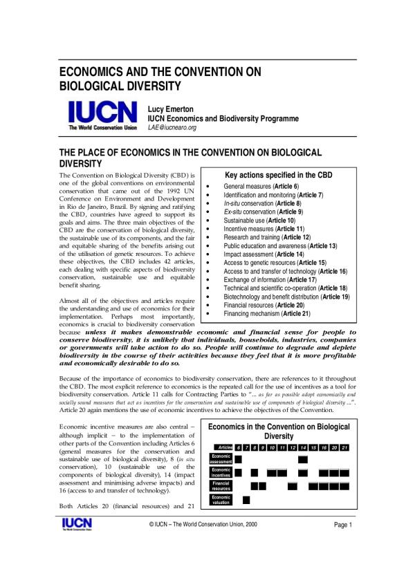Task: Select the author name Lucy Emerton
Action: point(172,109)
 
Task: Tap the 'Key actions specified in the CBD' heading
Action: point(279,175)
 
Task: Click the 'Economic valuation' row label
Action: point(221,499)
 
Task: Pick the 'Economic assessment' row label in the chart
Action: point(221,459)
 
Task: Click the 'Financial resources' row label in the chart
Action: point(221,486)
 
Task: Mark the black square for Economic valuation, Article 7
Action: point(247,499)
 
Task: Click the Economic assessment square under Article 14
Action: point(303,459)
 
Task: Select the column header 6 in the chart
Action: point(238,447)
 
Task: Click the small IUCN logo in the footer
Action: point(73,525)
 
